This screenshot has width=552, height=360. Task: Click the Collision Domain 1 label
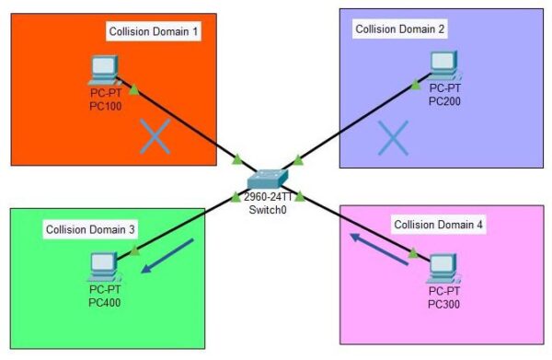154,32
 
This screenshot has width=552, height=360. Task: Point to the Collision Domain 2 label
400,29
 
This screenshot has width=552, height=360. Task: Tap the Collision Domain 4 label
439,225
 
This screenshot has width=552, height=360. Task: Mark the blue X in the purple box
393,138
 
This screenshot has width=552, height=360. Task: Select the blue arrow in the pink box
378,249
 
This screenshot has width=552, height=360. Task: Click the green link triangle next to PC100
134,89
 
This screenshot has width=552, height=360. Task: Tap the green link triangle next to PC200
416,85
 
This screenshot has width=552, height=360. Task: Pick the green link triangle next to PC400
134,249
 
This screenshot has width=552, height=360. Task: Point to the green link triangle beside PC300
414,252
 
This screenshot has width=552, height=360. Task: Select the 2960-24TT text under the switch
268,197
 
